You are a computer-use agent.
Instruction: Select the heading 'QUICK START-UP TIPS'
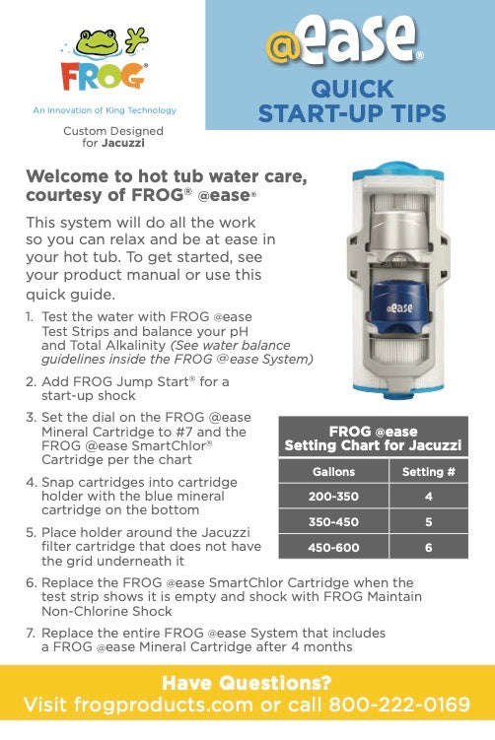click(x=350, y=101)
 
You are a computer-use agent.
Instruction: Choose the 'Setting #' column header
click(x=429, y=471)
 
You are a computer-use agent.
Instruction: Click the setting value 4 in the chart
click(x=429, y=497)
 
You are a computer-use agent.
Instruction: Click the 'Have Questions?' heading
click(x=247, y=683)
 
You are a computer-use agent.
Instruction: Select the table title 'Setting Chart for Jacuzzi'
click(x=373, y=445)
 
